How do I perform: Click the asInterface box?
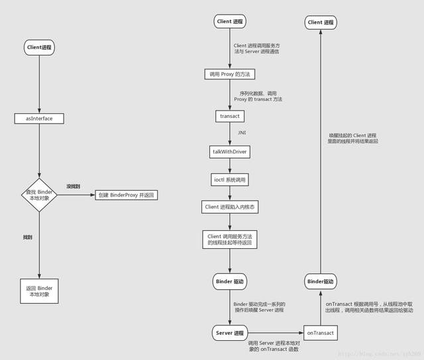pos(39,118)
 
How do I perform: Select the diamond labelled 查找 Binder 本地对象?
pos(39,196)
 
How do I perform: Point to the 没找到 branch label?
pos(73,187)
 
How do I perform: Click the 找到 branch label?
pos(28,236)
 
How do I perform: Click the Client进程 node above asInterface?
pos(39,48)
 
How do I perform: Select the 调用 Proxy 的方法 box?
pos(230,74)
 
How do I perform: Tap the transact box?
pos(230,116)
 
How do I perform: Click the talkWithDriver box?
pos(230,152)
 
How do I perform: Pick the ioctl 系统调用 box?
pos(230,179)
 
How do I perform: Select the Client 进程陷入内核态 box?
pos(230,207)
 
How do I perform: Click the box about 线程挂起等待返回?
pos(230,240)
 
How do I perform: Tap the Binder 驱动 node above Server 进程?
pos(230,282)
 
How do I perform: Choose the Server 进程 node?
pos(230,332)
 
